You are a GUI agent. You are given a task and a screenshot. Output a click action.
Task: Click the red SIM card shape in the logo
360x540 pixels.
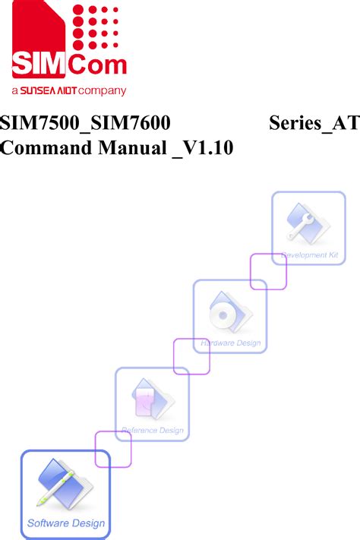39,39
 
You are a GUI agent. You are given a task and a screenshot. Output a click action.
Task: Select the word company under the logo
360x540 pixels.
102,91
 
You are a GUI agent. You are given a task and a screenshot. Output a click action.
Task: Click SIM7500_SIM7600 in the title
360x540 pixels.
85,123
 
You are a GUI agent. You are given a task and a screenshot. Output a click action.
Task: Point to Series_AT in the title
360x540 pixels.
314,123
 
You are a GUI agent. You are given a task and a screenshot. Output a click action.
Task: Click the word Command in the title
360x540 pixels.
46,148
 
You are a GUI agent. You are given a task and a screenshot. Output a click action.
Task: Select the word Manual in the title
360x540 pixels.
132,148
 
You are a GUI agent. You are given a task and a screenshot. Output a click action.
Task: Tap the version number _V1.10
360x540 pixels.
203,149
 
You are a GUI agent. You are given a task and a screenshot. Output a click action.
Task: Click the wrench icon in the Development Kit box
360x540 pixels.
301,226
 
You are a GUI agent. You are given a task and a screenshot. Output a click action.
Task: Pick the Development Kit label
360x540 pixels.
309,255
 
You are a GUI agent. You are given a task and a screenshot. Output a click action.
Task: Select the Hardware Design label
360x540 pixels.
230,343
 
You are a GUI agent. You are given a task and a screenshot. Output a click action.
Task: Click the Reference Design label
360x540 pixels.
153,431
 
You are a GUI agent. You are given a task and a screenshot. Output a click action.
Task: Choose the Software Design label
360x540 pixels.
66,523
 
